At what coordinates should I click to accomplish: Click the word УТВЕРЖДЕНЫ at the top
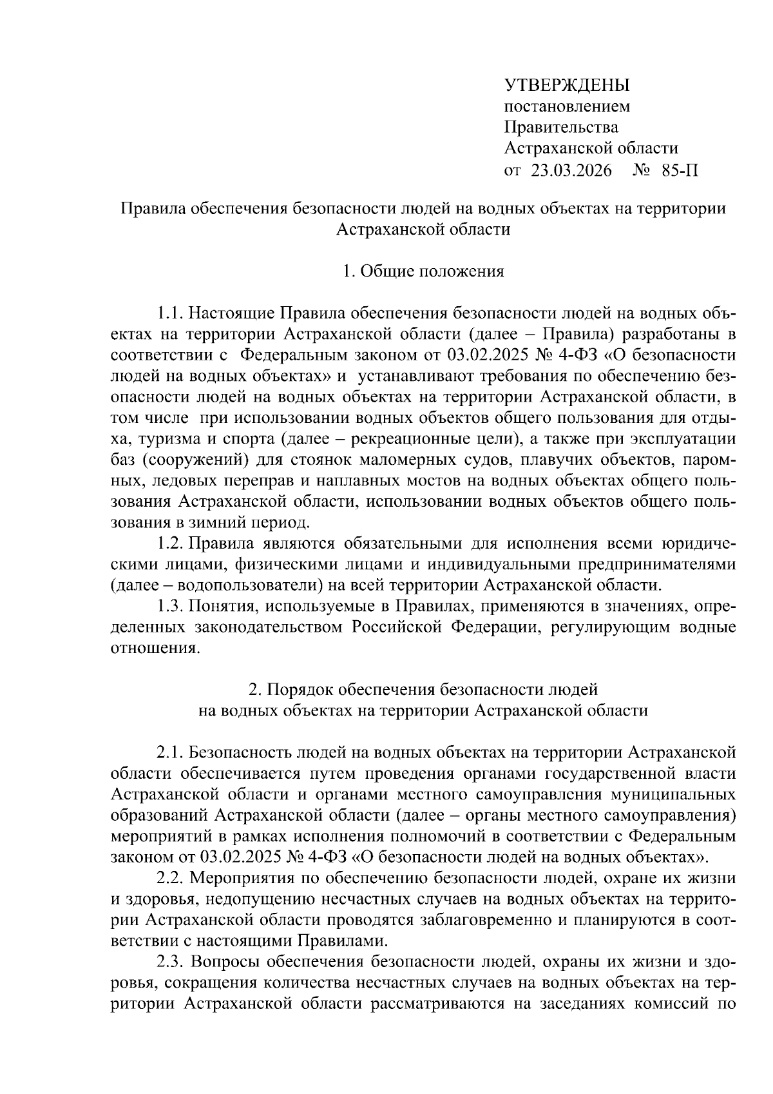pos(566,85)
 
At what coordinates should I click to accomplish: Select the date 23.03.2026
pos(571,171)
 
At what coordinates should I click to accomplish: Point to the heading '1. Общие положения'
pos(423,271)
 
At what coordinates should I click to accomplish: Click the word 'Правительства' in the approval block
pos(560,128)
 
